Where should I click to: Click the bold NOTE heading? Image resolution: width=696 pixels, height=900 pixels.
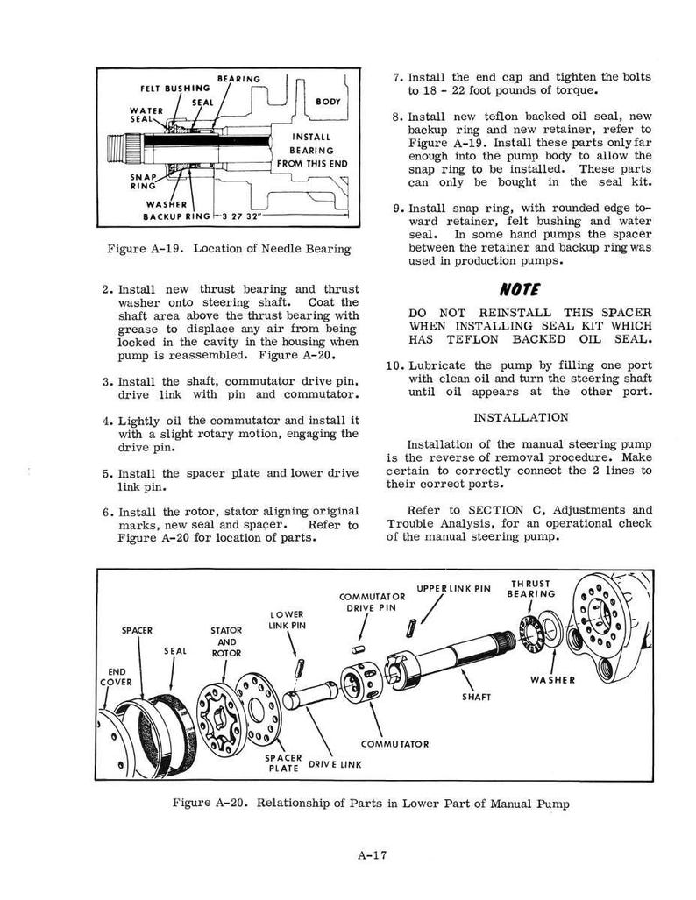pyautogui.click(x=519, y=289)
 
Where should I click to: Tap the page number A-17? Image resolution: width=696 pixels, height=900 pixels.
pyautogui.click(x=373, y=855)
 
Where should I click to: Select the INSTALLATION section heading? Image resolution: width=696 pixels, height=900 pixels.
pyautogui.click(x=521, y=417)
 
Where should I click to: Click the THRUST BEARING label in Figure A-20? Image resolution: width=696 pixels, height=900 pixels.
pyautogui.click(x=531, y=589)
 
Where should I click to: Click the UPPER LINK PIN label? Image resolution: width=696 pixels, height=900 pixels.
pyautogui.click(x=454, y=588)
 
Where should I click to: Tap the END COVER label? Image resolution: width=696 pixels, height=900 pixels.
pyautogui.click(x=116, y=677)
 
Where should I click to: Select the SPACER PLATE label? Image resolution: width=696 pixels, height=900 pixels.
pyautogui.click(x=283, y=762)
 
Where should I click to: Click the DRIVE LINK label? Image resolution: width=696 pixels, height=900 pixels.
pyautogui.click(x=336, y=764)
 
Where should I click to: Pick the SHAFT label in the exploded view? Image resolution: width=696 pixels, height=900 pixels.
pyautogui.click(x=477, y=697)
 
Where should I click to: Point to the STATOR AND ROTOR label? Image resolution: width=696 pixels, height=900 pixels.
pyautogui.click(x=226, y=641)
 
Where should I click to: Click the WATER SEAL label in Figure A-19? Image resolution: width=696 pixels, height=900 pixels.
pyautogui.click(x=142, y=115)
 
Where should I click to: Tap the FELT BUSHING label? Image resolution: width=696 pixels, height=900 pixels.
pyautogui.click(x=175, y=89)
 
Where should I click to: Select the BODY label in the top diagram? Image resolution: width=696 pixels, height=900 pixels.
pyautogui.click(x=329, y=102)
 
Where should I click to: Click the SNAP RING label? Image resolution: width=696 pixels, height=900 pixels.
pyautogui.click(x=143, y=181)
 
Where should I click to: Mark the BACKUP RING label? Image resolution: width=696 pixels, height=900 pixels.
pyautogui.click(x=177, y=217)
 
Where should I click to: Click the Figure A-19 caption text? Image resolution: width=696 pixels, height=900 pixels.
pyautogui.click(x=229, y=249)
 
